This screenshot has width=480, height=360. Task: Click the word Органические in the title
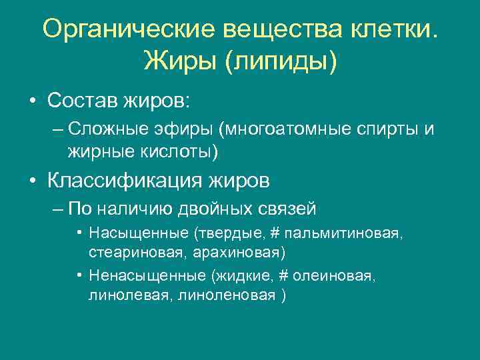pos(129,30)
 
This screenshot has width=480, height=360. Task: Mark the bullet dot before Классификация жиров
pos(31,181)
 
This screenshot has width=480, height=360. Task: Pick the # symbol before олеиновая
pos(292,277)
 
